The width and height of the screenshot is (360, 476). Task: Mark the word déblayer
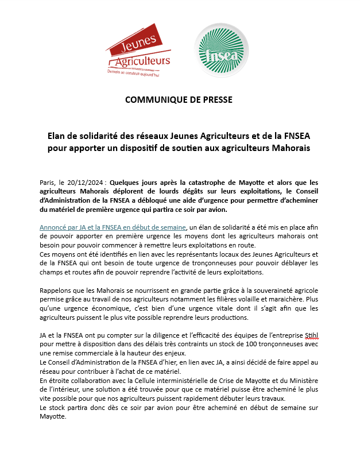click(x=293, y=263)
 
